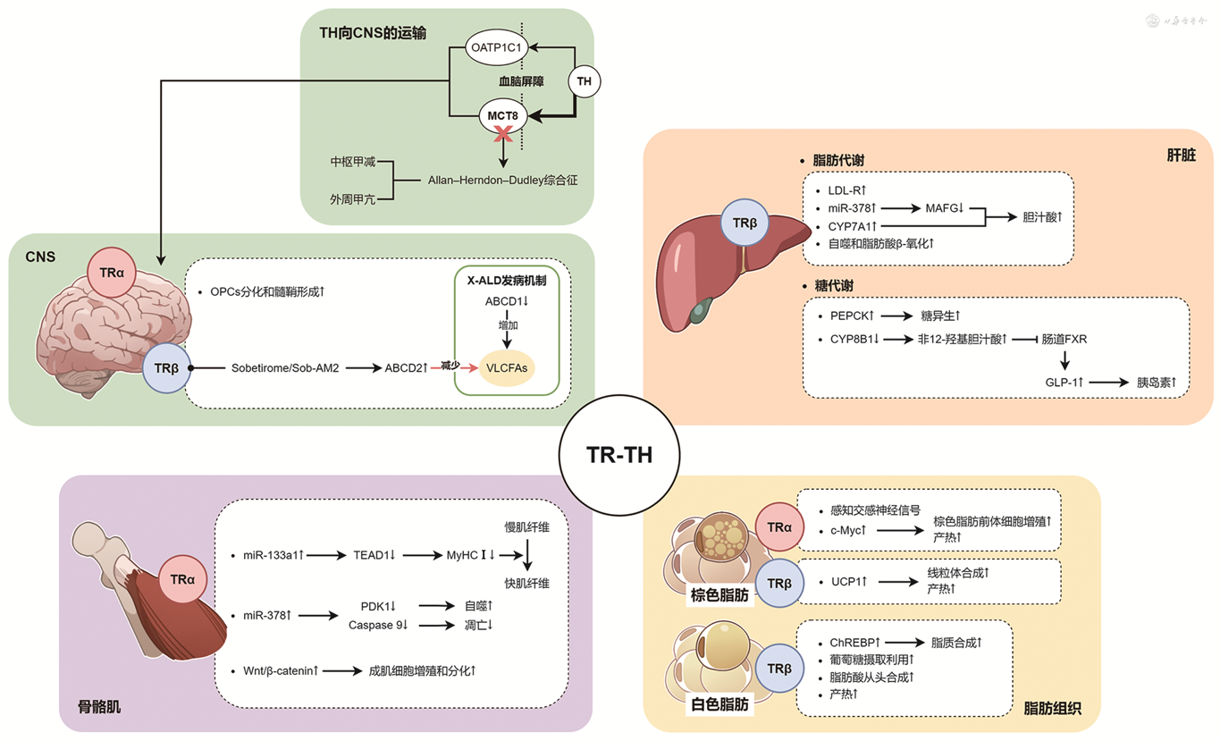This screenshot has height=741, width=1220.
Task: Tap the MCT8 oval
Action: pyautogui.click(x=502, y=115)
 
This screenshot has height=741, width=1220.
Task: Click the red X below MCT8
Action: pyautogui.click(x=504, y=134)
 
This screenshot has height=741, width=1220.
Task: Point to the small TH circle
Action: pyautogui.click(x=585, y=82)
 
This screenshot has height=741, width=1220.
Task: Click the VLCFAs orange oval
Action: pyautogui.click(x=506, y=366)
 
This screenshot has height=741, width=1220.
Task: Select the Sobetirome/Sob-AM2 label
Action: pyautogui.click(x=284, y=367)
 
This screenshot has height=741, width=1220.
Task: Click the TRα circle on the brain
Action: pyautogui.click(x=113, y=270)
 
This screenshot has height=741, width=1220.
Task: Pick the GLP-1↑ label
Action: pyautogui.click(x=1064, y=383)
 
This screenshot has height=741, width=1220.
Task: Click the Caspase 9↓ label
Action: pyautogui.click(x=378, y=625)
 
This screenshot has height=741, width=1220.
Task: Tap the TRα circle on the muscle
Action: pyautogui.click(x=182, y=579)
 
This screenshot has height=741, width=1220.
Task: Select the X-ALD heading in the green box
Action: pyautogui.click(x=506, y=280)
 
